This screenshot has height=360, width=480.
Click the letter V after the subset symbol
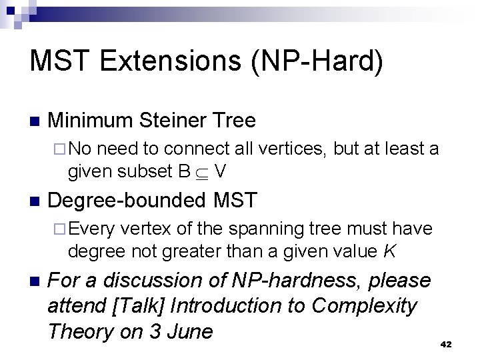(x=221, y=171)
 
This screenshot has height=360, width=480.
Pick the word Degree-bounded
(x=129, y=199)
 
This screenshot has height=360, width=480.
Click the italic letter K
(x=391, y=251)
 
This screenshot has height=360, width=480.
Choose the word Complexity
(x=364, y=306)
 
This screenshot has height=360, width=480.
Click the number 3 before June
(x=155, y=331)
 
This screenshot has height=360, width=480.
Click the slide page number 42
(x=447, y=344)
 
